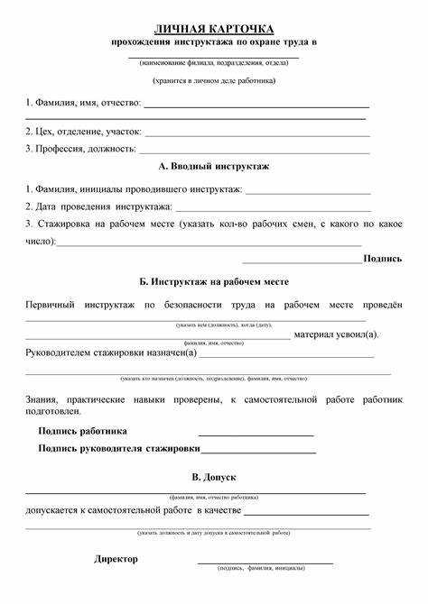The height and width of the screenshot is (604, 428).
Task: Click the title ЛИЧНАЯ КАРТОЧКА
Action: tap(214, 29)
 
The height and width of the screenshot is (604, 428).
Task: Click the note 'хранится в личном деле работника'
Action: tap(214, 81)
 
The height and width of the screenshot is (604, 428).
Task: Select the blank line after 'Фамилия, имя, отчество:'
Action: tap(256, 106)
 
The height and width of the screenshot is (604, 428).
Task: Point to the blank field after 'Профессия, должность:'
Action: tap(254, 150)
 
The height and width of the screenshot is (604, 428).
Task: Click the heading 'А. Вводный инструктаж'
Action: tap(213, 167)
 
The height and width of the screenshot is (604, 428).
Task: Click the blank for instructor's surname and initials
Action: tap(308, 192)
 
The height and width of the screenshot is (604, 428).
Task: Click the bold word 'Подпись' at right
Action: tap(383, 258)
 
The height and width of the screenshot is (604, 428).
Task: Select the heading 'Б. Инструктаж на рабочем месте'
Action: tap(214, 282)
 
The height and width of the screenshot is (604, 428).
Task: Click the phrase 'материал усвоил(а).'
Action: tap(337, 334)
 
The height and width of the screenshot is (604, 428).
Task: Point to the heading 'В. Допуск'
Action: tap(214, 476)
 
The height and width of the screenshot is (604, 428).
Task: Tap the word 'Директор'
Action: tap(116, 559)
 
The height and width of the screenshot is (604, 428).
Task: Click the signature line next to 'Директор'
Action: tap(265, 561)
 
